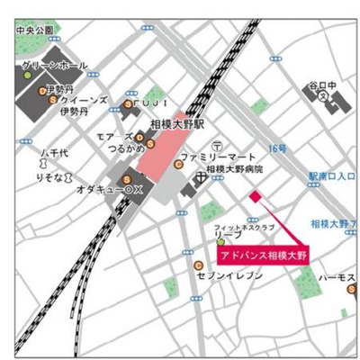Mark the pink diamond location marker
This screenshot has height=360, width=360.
point(255,195)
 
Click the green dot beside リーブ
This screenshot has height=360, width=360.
point(220,241)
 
